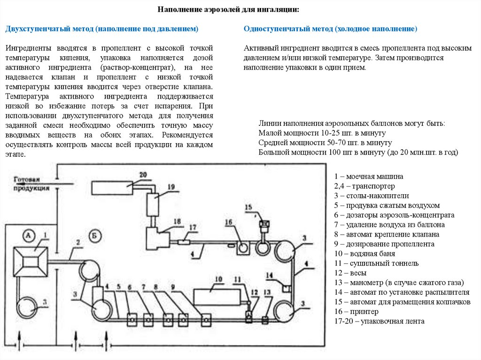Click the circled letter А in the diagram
pos(29,235)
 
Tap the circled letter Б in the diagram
pos(95,236)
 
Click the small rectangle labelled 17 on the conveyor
pos(183,243)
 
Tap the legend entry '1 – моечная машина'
pos(369,176)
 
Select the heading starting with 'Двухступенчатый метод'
pos(102,29)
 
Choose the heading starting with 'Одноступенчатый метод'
pos(330,29)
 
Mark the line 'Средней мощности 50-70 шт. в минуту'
pos(325,143)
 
